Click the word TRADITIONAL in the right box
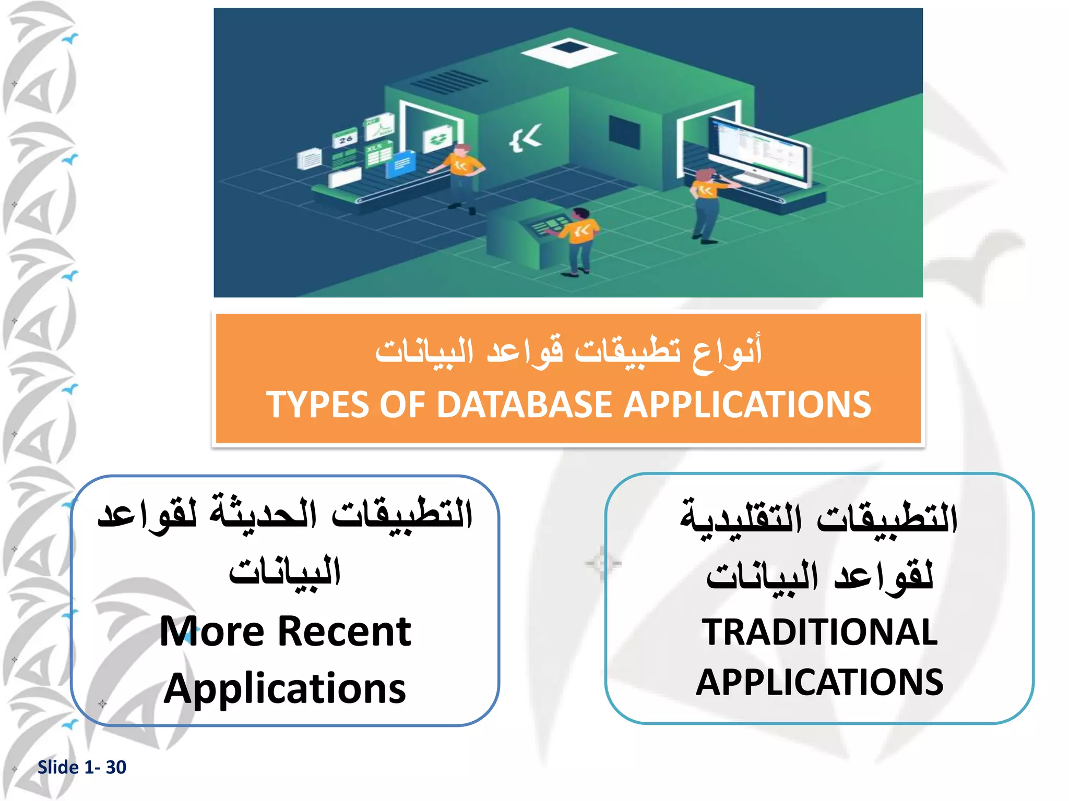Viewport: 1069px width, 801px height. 819,632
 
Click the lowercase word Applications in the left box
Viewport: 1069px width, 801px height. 285,688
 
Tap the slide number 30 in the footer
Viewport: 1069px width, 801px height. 116,767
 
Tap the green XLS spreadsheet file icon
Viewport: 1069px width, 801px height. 379,154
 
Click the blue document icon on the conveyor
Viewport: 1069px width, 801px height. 401,164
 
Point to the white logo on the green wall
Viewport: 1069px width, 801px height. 526,138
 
